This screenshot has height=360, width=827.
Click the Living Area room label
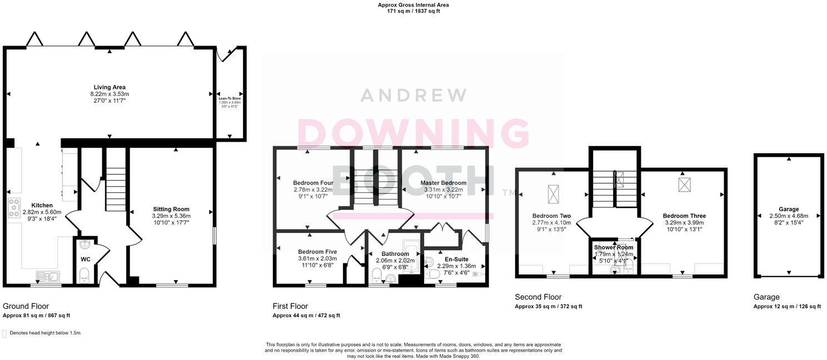(109, 87)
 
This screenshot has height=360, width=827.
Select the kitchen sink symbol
(47, 275)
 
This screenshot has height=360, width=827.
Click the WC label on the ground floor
(85, 259)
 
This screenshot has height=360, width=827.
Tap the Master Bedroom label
(443, 183)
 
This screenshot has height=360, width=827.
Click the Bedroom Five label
(317, 251)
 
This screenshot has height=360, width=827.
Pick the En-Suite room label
(457, 259)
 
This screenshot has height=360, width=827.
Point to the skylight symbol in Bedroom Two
(554, 193)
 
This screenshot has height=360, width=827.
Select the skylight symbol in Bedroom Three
(684, 184)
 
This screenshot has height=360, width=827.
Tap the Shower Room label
(614, 247)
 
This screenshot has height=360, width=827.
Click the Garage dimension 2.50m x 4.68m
(789, 216)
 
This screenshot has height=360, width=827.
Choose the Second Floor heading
(538, 297)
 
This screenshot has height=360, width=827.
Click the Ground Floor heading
(26, 306)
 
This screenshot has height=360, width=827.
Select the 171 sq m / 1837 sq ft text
(413, 11)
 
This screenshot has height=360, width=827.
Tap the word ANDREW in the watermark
(413, 95)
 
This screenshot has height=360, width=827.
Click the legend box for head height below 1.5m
(5, 333)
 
